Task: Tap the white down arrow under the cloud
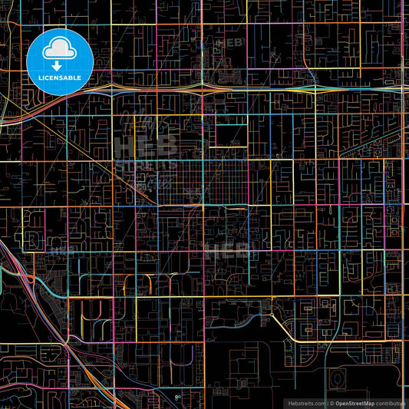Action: [x=58, y=65]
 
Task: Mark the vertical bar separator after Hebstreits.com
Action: [x=328, y=403]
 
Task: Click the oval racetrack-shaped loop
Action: [x=337, y=378]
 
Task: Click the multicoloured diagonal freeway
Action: [x=46, y=307]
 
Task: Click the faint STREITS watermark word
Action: [x=146, y=165]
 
